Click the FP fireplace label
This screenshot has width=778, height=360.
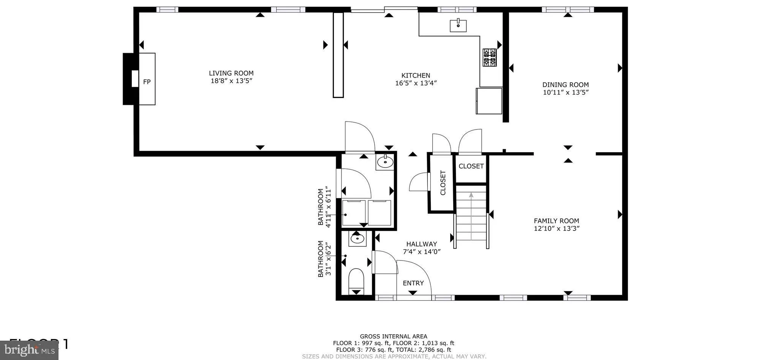(x=147, y=82)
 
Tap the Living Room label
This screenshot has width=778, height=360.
(x=231, y=73)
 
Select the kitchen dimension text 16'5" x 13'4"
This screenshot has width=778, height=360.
(x=416, y=83)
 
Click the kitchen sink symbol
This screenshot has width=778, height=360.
(x=458, y=25)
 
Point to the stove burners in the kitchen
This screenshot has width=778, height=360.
(x=489, y=57)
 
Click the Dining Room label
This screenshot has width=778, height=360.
(x=565, y=85)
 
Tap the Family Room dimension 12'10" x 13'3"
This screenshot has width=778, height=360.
(x=557, y=229)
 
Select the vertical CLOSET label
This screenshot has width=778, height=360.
(x=443, y=183)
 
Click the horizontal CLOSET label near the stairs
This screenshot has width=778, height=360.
(x=471, y=166)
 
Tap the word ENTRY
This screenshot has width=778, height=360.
(x=413, y=283)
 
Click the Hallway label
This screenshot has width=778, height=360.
(x=421, y=244)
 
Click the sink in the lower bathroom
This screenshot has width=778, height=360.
(x=357, y=239)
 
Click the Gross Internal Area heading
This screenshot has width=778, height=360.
(x=393, y=336)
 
